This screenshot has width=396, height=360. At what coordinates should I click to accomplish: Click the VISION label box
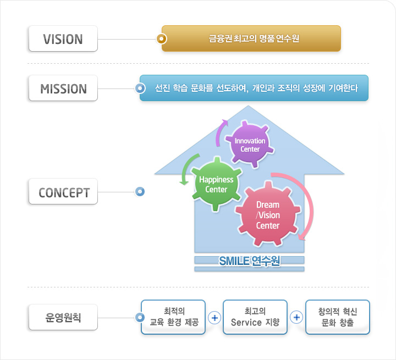(63, 40)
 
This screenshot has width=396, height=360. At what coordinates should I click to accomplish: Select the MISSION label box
(63, 88)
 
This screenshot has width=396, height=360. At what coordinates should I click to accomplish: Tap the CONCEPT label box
(63, 192)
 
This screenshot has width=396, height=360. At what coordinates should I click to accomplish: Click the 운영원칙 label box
(63, 318)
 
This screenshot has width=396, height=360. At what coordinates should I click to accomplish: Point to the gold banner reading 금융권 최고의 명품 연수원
(251, 38)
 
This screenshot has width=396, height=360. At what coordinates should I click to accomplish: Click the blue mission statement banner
(254, 88)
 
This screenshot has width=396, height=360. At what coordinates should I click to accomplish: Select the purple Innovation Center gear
(250, 145)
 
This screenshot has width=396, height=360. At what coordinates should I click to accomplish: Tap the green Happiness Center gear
(216, 184)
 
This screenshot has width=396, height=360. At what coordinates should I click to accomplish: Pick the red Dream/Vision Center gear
(268, 215)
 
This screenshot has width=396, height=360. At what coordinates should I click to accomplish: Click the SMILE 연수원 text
(250, 261)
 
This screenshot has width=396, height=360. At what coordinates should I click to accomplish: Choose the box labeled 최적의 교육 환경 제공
(173, 317)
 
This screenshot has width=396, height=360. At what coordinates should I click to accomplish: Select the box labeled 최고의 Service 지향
(255, 317)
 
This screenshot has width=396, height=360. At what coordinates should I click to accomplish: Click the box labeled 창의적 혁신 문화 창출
(337, 317)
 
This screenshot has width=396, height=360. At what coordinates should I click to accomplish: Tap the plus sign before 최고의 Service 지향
(215, 318)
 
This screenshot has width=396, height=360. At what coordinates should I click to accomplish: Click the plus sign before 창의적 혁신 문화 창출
(296, 318)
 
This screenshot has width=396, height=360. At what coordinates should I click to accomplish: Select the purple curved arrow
(220, 132)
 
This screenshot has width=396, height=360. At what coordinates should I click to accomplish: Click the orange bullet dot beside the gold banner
(161, 39)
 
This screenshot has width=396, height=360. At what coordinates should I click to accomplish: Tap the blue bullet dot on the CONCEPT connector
(140, 192)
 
